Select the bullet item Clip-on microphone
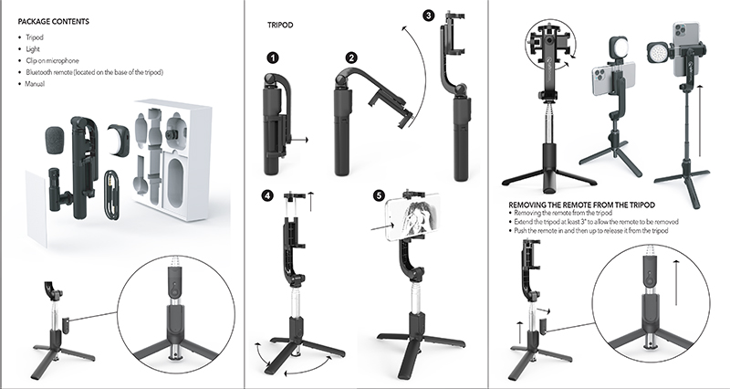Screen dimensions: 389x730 tap(56, 60)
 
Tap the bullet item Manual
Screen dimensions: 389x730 tap(37, 84)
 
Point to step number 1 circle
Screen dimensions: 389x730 tap(271, 58)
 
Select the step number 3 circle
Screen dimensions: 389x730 tap(430, 15)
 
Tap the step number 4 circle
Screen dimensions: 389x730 tap(266, 195)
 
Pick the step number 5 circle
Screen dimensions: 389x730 tap(381, 194)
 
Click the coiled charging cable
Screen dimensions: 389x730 tap(110, 193)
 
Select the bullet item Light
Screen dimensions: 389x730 tap(35, 48)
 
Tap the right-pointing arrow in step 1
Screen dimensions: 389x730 tap(299, 140)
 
